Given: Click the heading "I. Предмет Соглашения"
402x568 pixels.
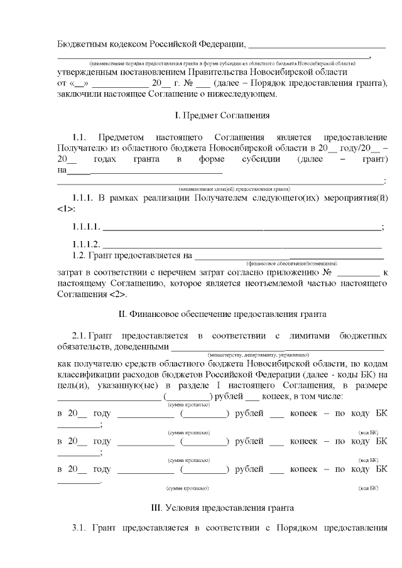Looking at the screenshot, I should tap(222, 115).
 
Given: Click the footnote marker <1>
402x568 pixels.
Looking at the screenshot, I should tap(65, 208).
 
